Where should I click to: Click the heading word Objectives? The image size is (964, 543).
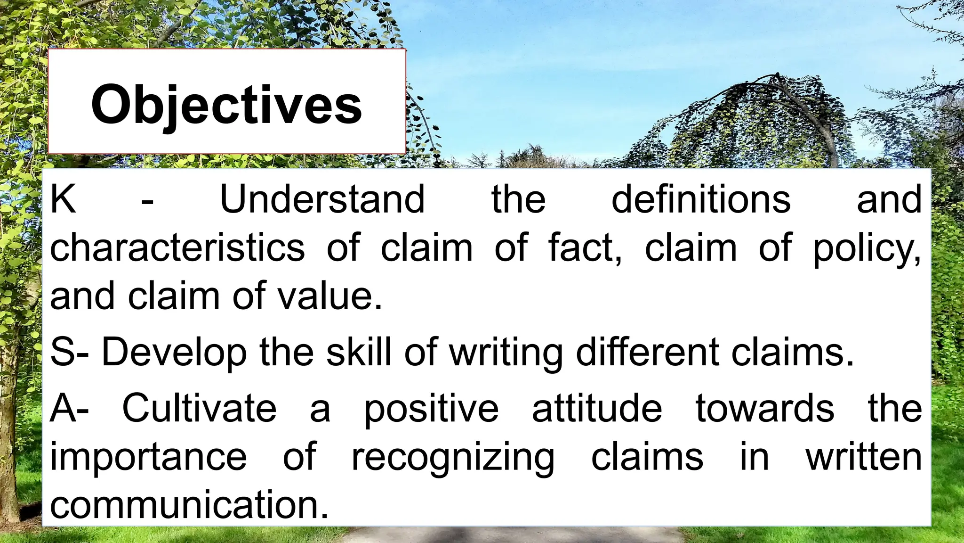(x=226, y=105)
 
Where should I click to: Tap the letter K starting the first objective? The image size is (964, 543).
(x=63, y=199)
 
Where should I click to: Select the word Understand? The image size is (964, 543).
(x=322, y=199)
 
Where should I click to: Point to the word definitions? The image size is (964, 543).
(x=701, y=199)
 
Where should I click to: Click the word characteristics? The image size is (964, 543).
(x=177, y=247)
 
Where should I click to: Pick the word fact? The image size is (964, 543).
(x=585, y=247)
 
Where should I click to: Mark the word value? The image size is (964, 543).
(x=329, y=296)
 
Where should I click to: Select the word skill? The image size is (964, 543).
(x=360, y=352)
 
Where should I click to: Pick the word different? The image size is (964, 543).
(x=648, y=352)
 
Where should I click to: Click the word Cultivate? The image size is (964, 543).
(x=200, y=408)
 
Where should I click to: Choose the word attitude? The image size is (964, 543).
(x=597, y=408)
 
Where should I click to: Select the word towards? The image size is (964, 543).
(x=765, y=408)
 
